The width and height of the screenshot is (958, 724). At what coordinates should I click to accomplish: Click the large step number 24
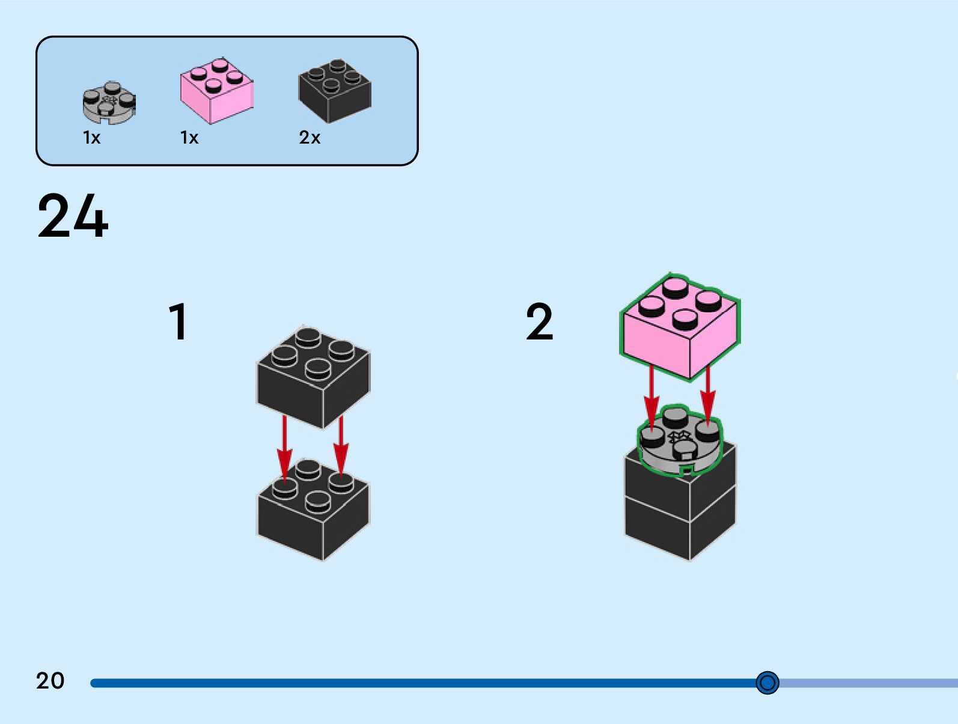[73, 216]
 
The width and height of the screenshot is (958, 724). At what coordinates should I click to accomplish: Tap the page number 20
[50, 681]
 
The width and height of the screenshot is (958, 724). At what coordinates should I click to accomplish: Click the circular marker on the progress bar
[767, 683]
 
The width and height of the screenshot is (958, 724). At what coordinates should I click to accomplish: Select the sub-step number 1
[178, 322]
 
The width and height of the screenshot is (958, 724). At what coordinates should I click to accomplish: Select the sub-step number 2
[539, 322]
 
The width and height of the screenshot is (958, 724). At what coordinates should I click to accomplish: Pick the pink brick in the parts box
[216, 91]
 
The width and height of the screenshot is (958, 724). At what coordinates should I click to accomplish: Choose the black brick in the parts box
[335, 91]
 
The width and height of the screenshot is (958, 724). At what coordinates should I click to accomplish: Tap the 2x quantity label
[310, 138]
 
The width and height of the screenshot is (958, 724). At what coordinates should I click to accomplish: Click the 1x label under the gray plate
[91, 138]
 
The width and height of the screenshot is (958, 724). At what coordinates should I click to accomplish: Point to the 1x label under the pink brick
[189, 138]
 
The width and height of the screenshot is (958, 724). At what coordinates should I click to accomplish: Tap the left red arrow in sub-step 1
[284, 448]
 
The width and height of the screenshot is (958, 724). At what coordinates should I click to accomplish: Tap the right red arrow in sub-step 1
[341, 445]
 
